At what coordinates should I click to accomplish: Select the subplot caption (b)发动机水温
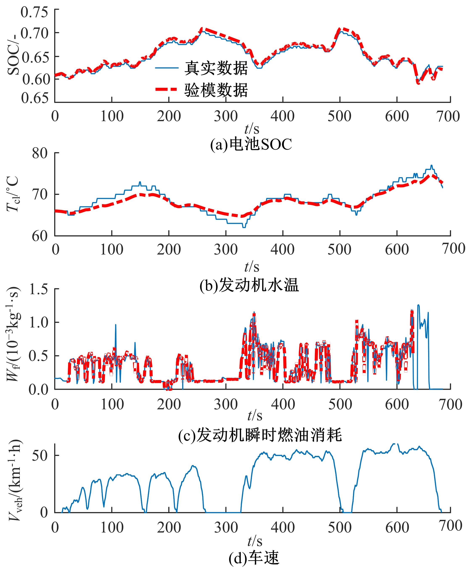(x=249, y=285)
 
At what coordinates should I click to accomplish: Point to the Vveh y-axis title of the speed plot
(x=15, y=480)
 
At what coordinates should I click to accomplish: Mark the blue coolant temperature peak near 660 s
(x=431, y=165)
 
